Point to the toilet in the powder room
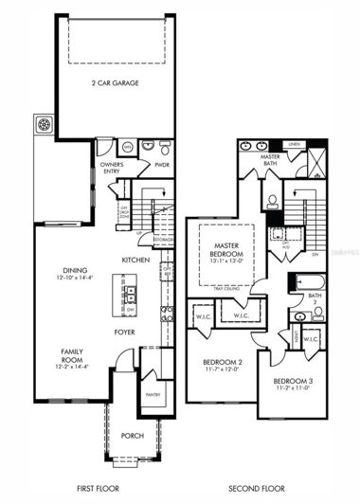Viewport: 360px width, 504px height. point(165,148)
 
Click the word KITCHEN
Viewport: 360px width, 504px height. point(135,260)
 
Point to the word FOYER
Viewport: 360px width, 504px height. point(125,332)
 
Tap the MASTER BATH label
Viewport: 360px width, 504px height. point(271,161)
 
